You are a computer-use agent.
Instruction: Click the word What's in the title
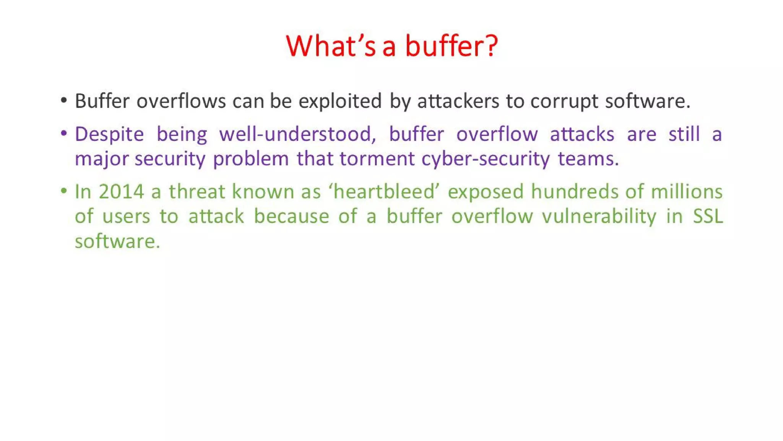click(330, 46)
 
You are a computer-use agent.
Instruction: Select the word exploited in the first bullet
click(340, 101)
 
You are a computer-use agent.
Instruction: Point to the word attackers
click(458, 101)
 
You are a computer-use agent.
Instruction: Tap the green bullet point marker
click(64, 191)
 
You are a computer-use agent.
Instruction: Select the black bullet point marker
click(64, 101)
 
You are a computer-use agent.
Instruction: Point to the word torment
click(377, 159)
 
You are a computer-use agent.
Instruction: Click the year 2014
click(121, 192)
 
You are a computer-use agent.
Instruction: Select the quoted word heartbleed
click(384, 192)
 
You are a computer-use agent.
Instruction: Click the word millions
click(687, 192)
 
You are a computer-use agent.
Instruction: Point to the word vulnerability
click(599, 217)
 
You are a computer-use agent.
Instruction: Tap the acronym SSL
click(708, 217)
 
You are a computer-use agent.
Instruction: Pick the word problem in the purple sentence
click(251, 159)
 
